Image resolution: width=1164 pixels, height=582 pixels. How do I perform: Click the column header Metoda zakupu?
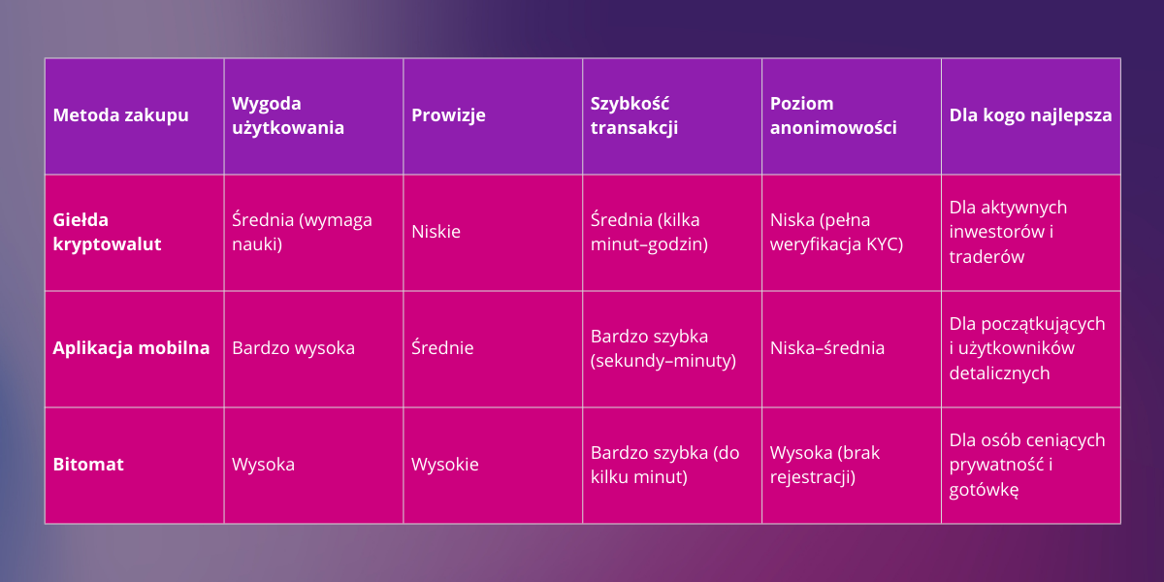[121, 115]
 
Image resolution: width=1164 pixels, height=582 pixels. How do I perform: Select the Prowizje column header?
[448, 115]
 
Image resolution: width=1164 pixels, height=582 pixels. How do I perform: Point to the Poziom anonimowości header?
[833, 115]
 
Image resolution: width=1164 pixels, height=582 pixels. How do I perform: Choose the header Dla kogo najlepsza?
[1030, 115]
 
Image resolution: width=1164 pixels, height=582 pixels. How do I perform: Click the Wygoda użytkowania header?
[288, 115]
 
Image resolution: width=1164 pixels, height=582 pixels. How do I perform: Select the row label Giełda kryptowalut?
[108, 232]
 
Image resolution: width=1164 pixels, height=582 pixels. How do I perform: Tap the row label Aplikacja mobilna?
[131, 348]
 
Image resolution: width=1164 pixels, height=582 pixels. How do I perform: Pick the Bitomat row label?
[88, 465]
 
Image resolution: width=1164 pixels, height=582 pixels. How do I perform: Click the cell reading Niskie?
[436, 232]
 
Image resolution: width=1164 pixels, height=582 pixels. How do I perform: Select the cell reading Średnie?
[442, 348]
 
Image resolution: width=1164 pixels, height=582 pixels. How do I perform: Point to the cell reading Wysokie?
[444, 465]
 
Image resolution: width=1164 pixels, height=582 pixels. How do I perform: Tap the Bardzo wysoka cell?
[293, 348]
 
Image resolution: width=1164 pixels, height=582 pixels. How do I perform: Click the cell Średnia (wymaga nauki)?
[302, 232]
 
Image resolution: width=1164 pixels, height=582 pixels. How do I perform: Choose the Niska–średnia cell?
[827, 348]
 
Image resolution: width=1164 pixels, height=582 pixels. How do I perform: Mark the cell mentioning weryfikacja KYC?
[836, 232]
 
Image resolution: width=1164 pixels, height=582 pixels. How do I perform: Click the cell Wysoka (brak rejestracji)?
[824, 465]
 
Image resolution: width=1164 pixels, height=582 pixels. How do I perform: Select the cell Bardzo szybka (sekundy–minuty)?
[663, 348]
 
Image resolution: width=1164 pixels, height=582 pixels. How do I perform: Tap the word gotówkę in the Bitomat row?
[984, 490]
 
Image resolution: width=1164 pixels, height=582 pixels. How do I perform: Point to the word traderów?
[986, 257]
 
